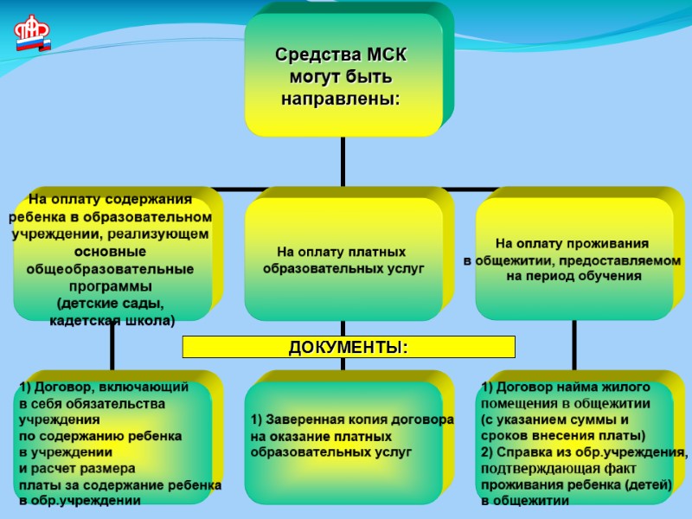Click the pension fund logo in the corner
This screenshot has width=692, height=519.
tap(33, 33)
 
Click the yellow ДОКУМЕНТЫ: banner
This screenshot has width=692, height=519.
tap(349, 347)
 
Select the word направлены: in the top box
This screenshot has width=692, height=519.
tap(341, 99)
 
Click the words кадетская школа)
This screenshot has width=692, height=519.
tap(112, 321)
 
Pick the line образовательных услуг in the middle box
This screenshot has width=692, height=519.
tap(343, 269)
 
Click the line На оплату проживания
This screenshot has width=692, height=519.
tap(572, 244)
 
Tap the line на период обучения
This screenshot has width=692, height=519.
tap(573, 277)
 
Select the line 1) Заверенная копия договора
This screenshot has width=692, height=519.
tap(352, 420)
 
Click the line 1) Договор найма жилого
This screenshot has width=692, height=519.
tap(565, 388)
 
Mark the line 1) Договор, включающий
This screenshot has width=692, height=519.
tap(103, 388)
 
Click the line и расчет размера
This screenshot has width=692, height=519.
tap(77, 468)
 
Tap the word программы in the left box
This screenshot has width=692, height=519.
tap(110, 285)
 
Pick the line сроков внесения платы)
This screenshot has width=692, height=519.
tap(563, 436)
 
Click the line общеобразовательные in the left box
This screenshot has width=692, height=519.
tap(110, 268)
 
